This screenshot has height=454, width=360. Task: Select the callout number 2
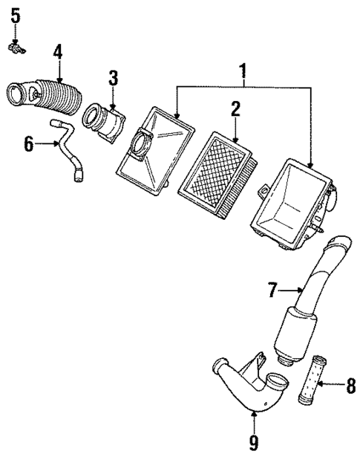235,110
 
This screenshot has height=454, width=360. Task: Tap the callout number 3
113,78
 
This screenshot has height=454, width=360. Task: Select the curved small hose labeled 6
71,152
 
